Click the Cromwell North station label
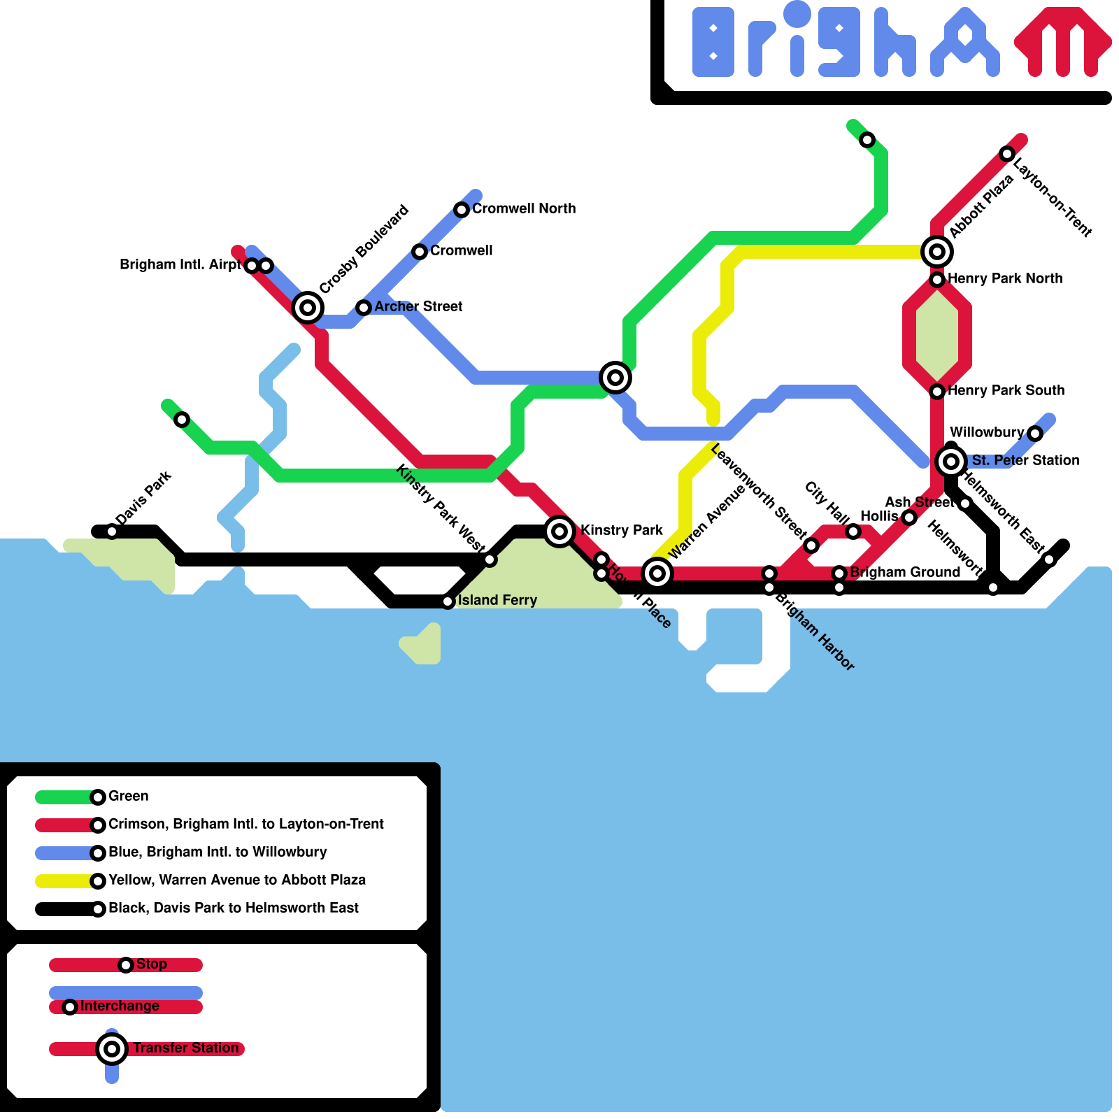click(523, 208)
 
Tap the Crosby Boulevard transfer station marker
click(307, 307)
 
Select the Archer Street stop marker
click(363, 307)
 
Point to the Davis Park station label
click(144, 498)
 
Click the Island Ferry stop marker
click(448, 601)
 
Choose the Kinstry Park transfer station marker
click(559, 532)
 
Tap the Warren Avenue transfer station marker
click(657, 573)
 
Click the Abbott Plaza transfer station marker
click(937, 252)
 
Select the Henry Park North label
click(1004, 278)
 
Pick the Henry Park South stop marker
click(937, 392)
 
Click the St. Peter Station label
click(1025, 460)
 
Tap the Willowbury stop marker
click(1035, 434)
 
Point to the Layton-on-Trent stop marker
click(1006, 154)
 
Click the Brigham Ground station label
click(904, 572)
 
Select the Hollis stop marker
click(908, 518)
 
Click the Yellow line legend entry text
click(237, 880)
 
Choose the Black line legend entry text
click(233, 908)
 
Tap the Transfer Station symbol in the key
click(111, 1048)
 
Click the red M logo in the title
click(1062, 42)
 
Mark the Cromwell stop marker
click(419, 252)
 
